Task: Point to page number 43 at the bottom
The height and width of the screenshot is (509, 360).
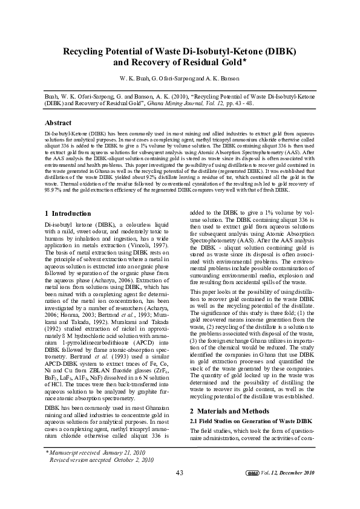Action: pyautogui.click(x=180, y=472)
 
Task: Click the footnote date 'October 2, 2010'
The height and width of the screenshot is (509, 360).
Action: pyautogui.click(x=130, y=459)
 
